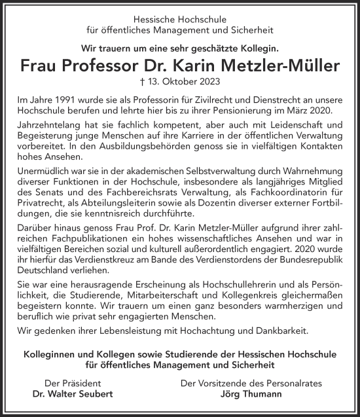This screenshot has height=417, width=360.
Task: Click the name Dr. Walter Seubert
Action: coord(72,395)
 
